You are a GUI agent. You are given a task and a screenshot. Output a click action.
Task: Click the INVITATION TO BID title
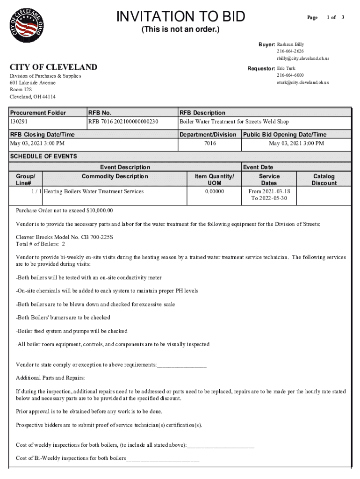coord(180,17)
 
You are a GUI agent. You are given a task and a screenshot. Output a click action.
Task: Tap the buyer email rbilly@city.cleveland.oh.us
coord(303,58)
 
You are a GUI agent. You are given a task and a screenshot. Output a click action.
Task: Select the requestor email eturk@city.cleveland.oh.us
coord(302,82)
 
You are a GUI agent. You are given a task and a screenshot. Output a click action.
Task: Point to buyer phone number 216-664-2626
coord(290,51)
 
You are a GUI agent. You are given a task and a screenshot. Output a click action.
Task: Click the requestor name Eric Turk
coord(286,68)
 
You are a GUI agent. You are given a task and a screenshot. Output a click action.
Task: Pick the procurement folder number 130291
coord(19,122)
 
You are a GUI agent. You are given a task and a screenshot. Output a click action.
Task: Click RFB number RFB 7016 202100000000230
coord(123,122)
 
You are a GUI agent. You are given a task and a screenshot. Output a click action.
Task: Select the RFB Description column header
coord(202,113)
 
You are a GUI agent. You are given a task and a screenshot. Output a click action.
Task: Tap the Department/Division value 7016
coord(210,144)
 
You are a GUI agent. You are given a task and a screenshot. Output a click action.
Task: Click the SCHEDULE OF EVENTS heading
coord(43,156)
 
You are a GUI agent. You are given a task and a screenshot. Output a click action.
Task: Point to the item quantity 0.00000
coord(214,192)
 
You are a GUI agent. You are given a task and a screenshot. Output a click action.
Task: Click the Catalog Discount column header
coord(324,180)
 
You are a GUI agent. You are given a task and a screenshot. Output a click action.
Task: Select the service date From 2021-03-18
coord(269,192)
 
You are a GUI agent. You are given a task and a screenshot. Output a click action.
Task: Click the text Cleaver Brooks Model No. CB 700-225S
coord(65,237)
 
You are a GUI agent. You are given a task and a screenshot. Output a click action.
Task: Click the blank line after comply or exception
coord(182,365)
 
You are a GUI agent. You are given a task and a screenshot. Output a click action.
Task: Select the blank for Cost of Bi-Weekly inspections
coord(162,458)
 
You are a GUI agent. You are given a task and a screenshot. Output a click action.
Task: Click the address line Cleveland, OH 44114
coord(33,97)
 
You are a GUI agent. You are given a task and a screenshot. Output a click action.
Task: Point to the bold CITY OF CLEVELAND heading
coord(54,67)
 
